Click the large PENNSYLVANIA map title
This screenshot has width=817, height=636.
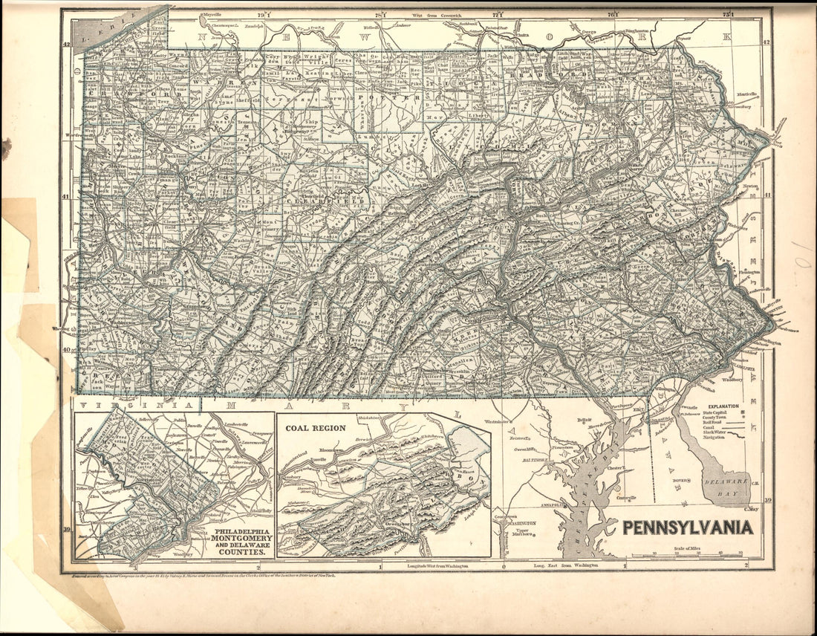(x=687, y=528)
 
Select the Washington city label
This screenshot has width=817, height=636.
(x=520, y=522)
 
